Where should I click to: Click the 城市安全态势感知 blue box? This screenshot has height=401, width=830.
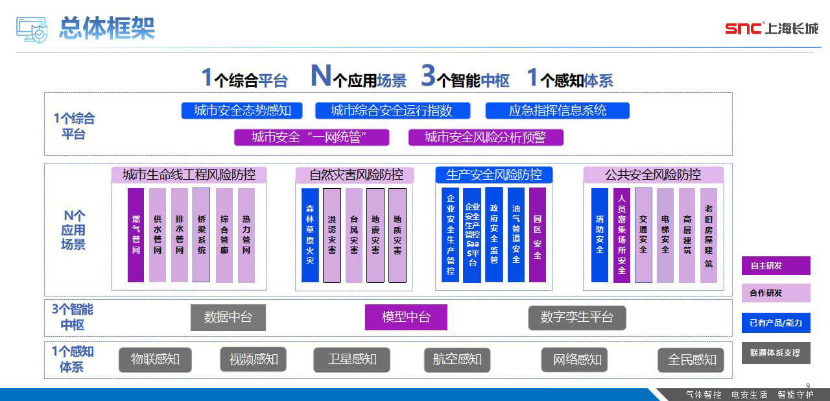click(242, 110)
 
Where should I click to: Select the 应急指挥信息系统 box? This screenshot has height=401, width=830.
click(557, 110)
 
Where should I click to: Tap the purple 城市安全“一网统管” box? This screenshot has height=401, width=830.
click(311, 137)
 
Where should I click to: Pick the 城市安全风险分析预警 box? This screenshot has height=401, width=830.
click(486, 137)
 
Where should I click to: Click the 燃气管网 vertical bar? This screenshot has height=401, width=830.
click(136, 235)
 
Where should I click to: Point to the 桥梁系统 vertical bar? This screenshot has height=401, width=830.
click(202, 235)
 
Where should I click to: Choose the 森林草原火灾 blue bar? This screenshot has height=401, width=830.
click(310, 235)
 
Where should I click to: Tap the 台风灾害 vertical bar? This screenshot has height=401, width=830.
click(353, 235)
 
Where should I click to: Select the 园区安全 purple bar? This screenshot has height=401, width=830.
click(538, 235)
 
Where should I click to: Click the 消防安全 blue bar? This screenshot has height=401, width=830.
click(600, 235)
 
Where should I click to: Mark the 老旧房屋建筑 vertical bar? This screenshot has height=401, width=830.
click(709, 235)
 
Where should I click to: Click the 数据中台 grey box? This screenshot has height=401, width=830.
click(228, 318)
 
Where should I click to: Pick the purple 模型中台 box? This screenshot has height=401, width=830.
click(406, 318)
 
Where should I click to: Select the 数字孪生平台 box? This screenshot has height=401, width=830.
click(576, 318)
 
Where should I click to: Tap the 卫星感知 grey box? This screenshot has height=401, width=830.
click(351, 359)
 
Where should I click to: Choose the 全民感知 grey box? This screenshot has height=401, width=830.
click(691, 359)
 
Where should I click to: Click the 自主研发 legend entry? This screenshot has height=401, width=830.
click(776, 266)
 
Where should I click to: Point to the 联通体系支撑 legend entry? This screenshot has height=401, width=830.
click(776, 353)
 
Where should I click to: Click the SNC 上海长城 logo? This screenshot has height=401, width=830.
click(771, 28)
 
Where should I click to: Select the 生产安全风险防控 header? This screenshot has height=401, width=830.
click(494, 175)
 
